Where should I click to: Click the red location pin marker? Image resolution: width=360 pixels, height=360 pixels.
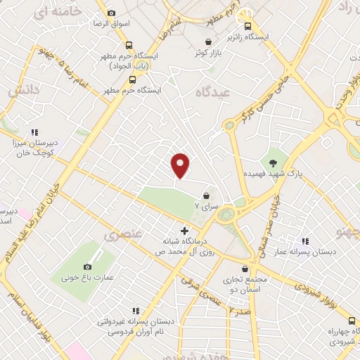point(181,165)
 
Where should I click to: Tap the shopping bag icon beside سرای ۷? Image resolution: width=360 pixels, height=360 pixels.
point(207,195)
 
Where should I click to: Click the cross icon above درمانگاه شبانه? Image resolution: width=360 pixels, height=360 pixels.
point(185,231)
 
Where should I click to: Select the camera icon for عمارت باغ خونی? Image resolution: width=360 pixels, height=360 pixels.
point(87,266)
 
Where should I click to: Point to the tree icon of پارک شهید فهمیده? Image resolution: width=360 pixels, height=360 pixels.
point(273,163)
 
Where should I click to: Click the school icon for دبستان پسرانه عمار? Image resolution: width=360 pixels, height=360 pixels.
point(304,241)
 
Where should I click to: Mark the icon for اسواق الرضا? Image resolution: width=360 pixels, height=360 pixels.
point(110,13)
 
